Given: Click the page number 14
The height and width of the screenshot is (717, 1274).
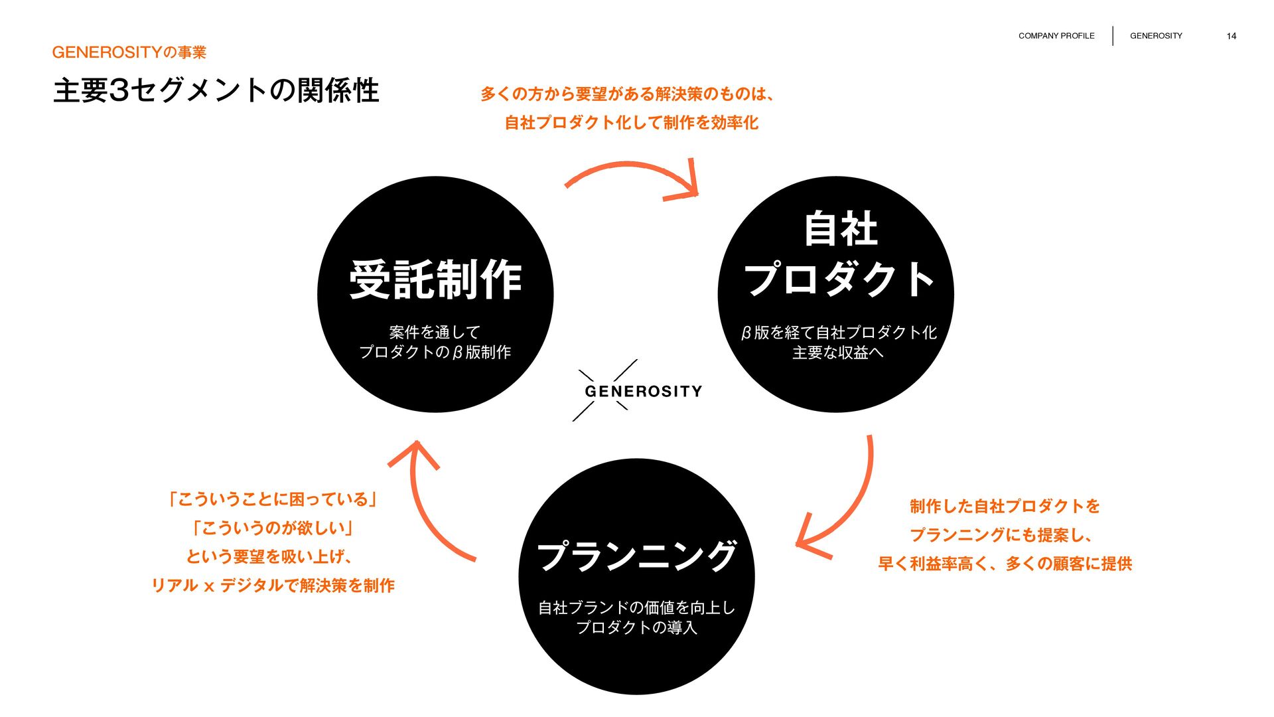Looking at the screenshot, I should tap(1231, 36).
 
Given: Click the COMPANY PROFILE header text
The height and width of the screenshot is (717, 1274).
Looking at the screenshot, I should tap(1056, 36).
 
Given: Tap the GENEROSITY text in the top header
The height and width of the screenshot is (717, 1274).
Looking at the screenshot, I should tap(1156, 36).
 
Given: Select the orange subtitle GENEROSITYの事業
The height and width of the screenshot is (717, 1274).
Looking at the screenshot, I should tap(129, 52).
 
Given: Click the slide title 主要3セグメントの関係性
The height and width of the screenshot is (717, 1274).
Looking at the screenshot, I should tap(216, 91).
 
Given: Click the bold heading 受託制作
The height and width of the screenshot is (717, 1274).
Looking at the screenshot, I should tap(435, 279).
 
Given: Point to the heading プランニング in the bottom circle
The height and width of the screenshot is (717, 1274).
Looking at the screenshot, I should tap(636, 556).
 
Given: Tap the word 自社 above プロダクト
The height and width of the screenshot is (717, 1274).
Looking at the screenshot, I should tap(841, 229).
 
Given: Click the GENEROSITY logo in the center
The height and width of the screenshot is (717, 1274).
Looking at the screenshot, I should tap(642, 391).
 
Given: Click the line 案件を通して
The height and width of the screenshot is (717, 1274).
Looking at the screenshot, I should tap(435, 332).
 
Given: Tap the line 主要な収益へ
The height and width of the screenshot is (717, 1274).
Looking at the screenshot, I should tap(837, 353).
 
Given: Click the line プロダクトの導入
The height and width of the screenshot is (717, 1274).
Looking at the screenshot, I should tap(636, 627).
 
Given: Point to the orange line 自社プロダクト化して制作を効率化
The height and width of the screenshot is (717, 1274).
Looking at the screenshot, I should tap(631, 123).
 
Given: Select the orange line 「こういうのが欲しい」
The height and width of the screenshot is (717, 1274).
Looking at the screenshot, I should tap(272, 528).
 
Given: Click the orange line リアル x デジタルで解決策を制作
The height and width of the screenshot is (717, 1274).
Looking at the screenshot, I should tap(273, 586).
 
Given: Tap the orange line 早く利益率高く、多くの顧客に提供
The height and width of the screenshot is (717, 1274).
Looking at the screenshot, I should tap(1005, 564).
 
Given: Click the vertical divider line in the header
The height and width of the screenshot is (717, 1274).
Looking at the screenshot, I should tap(1113, 36).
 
